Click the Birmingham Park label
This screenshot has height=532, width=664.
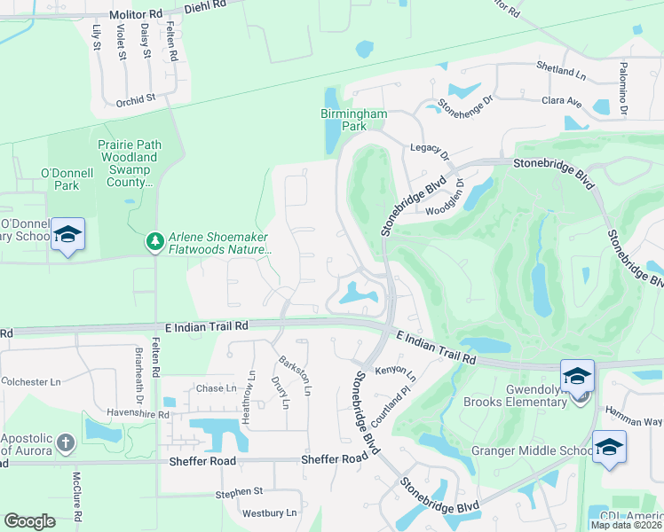coord(355,120)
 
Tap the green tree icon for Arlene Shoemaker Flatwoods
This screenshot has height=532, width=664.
coord(155,241)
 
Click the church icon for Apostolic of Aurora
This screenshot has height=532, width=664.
coord(66,442)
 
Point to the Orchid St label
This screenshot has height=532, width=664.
coord(135,100)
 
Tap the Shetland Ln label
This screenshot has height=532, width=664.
coord(561,66)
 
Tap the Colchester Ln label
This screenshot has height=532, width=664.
coord(30,382)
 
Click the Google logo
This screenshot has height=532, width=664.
coord(29,521)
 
